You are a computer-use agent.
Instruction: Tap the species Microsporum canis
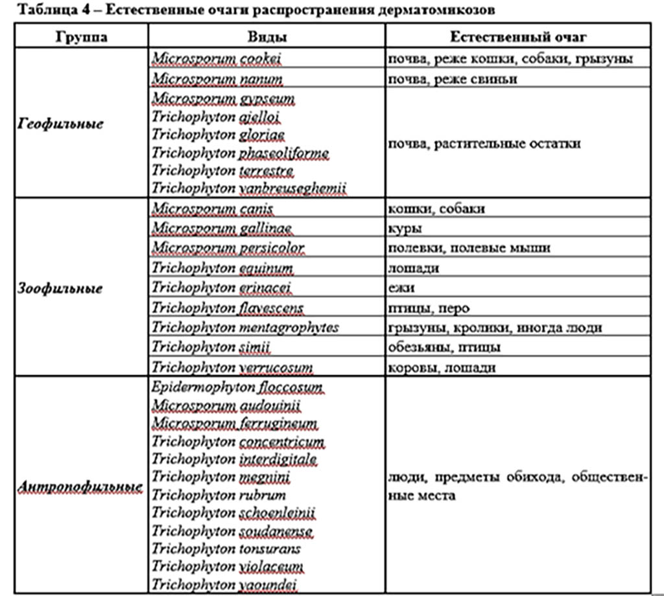[x=213, y=209]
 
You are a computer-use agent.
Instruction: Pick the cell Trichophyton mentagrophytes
[x=245, y=328]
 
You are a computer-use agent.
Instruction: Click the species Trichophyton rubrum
[x=219, y=496]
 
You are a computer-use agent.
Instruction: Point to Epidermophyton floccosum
[x=237, y=389]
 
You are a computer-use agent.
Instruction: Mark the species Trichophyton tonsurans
[x=226, y=549]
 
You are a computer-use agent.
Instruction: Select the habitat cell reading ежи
[x=401, y=288]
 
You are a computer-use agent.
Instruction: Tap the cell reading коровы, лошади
[x=441, y=367]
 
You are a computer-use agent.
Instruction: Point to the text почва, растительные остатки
[x=484, y=143]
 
